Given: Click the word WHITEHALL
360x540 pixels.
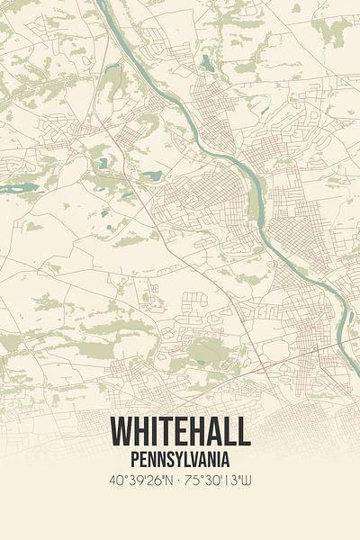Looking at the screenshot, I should tap(180, 433).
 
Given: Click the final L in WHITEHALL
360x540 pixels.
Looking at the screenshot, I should tap(243, 433).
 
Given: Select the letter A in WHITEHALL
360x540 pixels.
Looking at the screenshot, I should tap(213, 433).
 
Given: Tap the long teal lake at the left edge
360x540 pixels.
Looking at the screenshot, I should tap(20, 188).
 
